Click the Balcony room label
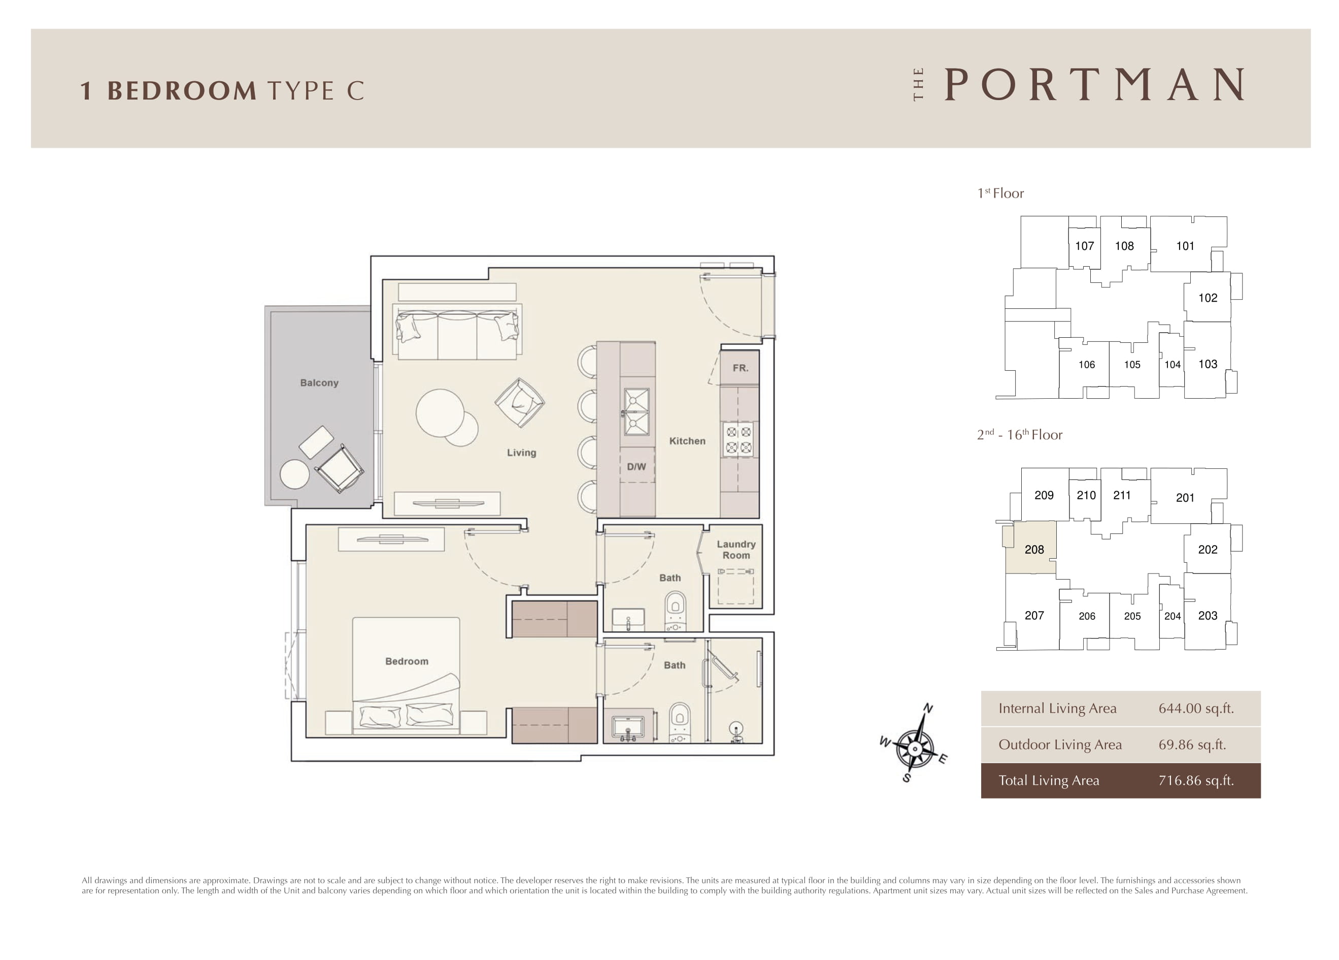click(319, 383)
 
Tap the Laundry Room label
click(736, 550)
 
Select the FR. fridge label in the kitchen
click(741, 368)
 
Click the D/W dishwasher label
click(637, 467)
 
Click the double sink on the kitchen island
click(637, 412)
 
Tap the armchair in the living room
click(520, 402)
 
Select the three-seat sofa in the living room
click(457, 334)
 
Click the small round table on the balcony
click(294, 474)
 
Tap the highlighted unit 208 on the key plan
click(1031, 548)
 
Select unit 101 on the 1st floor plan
click(1185, 246)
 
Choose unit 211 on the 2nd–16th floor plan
click(1122, 496)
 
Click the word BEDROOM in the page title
click(182, 91)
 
